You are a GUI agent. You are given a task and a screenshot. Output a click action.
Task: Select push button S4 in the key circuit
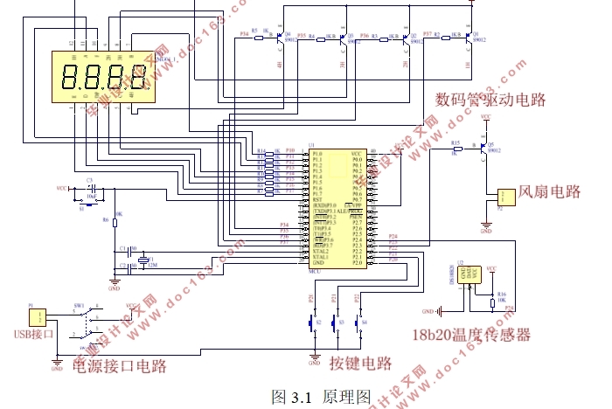click(x=358, y=322)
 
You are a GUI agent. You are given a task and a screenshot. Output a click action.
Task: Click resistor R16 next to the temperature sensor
click(x=491, y=302)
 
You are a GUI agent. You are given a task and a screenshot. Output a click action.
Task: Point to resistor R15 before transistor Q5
click(x=455, y=148)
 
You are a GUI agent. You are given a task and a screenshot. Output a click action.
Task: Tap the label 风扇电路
click(x=550, y=191)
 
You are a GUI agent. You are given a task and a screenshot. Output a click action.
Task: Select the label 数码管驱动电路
click(x=490, y=99)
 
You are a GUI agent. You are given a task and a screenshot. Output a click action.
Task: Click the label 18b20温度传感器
click(x=471, y=335)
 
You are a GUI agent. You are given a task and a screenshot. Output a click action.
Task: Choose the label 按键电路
click(x=360, y=364)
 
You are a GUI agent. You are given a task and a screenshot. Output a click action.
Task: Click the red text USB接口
click(x=34, y=334)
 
